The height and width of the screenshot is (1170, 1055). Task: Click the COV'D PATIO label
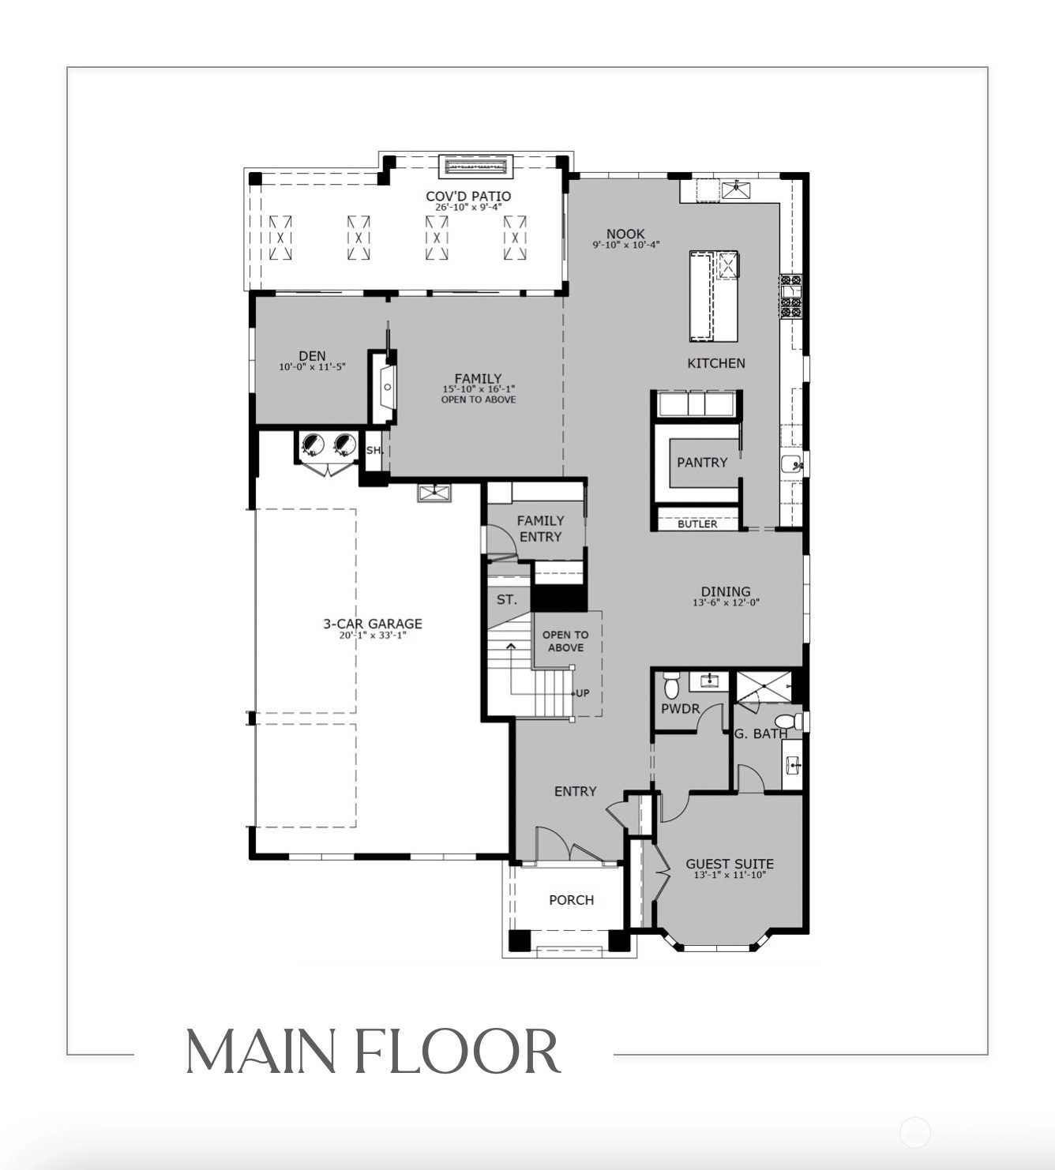click(468, 197)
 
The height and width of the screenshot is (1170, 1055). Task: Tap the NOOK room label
click(625, 234)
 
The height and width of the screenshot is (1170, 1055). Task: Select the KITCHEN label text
click(716, 363)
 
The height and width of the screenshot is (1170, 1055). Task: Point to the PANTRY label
click(702, 463)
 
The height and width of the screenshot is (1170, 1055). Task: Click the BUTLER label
click(697, 523)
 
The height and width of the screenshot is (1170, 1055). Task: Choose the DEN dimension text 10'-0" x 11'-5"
click(312, 367)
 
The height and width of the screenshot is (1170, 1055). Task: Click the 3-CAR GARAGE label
click(373, 624)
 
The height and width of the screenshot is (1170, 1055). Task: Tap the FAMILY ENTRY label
click(541, 528)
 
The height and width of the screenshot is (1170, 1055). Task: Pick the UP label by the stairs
click(582, 693)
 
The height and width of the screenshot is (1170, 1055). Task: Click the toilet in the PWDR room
click(671, 685)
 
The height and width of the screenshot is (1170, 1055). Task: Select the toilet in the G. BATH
click(791, 721)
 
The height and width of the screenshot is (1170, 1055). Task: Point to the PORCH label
click(571, 900)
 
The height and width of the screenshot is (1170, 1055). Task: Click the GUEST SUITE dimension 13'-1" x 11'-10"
click(730, 875)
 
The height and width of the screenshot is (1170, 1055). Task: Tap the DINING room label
click(726, 591)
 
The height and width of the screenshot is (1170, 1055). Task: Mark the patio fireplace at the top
click(476, 167)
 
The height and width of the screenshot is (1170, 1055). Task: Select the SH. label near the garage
click(374, 450)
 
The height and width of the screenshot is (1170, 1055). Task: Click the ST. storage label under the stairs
click(506, 599)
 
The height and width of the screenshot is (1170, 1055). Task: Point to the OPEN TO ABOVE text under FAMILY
click(479, 399)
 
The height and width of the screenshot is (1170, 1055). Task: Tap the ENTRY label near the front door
click(576, 792)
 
